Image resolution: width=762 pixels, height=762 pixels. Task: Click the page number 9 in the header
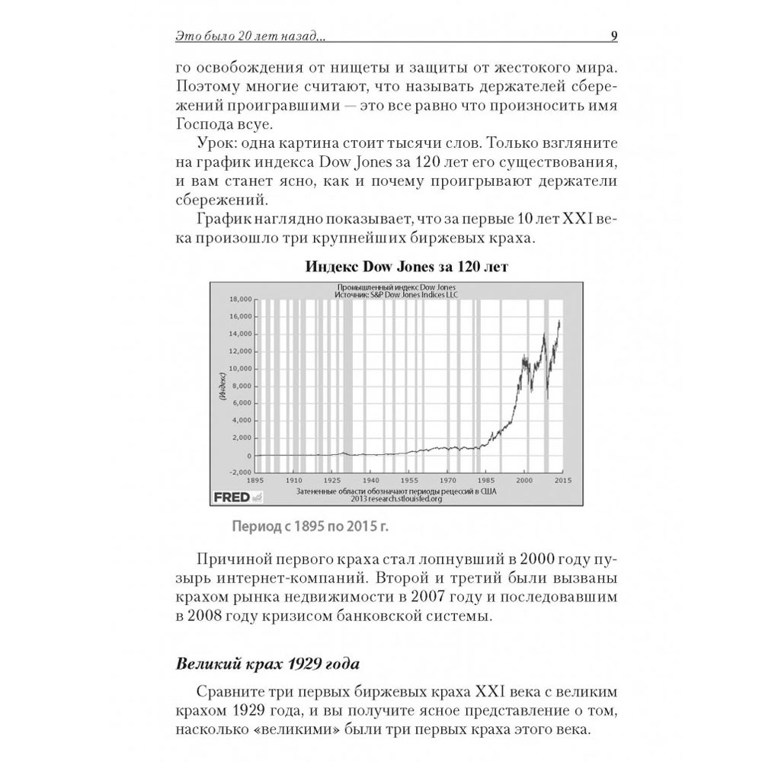tap(615, 35)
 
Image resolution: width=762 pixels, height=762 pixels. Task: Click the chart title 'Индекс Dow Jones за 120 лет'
tap(406, 267)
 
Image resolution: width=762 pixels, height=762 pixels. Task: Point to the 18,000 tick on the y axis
tap(241, 299)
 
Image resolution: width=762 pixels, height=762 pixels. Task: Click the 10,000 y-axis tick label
tap(241, 368)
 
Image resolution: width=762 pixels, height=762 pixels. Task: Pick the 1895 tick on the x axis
tap(255, 482)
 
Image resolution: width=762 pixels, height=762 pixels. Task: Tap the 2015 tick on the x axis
tap(563, 482)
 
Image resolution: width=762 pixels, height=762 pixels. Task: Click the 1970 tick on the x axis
tap(448, 482)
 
